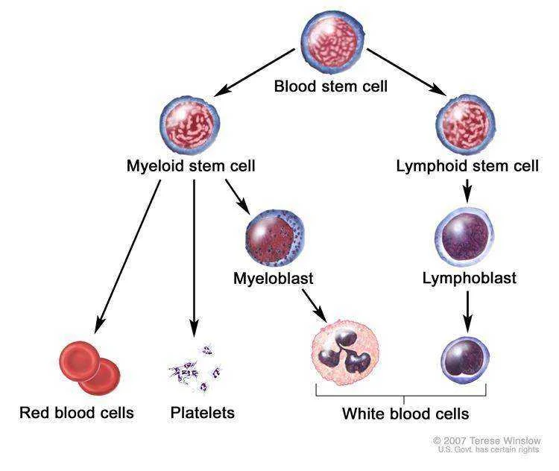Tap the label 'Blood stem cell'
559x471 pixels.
tap(330, 86)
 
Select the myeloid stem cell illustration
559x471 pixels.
tap(189, 126)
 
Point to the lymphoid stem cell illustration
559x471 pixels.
tap(466, 124)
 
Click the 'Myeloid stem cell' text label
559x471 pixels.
tap(191, 166)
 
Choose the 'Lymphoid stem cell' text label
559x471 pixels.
tap(467, 166)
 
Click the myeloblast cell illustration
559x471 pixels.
tap(275, 238)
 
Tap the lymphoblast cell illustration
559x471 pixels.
tap(464, 236)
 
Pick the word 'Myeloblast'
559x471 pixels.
tap(274, 279)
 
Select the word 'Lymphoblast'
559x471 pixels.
tap(469, 278)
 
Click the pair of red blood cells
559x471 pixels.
tap(90, 368)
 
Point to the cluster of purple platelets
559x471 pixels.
tap(195, 369)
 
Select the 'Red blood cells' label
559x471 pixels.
tap(77, 413)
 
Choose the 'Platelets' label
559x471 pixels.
tap(203, 413)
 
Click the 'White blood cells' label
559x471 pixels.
tap(405, 414)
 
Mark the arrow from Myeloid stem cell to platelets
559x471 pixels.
tap(194, 258)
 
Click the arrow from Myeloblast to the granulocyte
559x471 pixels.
tap(315, 306)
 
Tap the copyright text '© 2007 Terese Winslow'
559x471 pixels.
tap(487, 440)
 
